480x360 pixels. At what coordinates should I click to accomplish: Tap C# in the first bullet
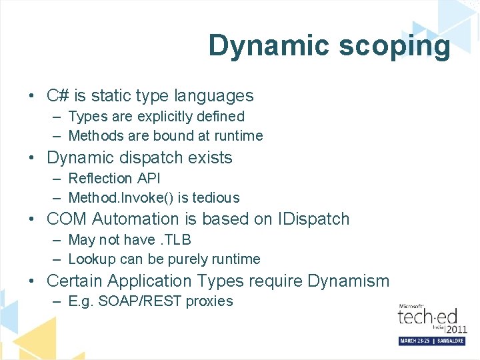click(x=55, y=96)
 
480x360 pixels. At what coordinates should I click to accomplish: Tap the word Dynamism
click(x=348, y=281)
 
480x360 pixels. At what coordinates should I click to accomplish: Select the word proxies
click(x=209, y=301)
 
